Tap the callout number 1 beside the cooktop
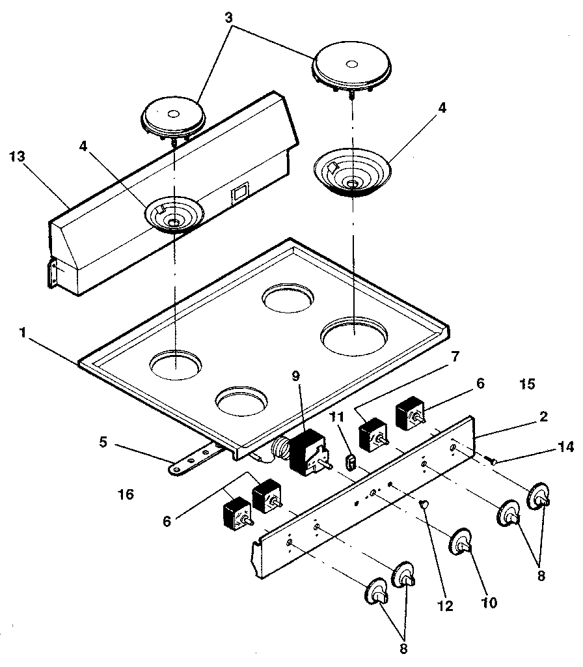click(x=23, y=332)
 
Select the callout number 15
click(x=528, y=384)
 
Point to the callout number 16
click(x=126, y=495)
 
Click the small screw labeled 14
click(x=492, y=460)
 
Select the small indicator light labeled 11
click(x=350, y=462)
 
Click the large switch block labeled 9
click(x=306, y=451)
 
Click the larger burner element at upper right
click(x=351, y=68)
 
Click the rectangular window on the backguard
click(x=240, y=191)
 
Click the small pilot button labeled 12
click(x=424, y=503)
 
